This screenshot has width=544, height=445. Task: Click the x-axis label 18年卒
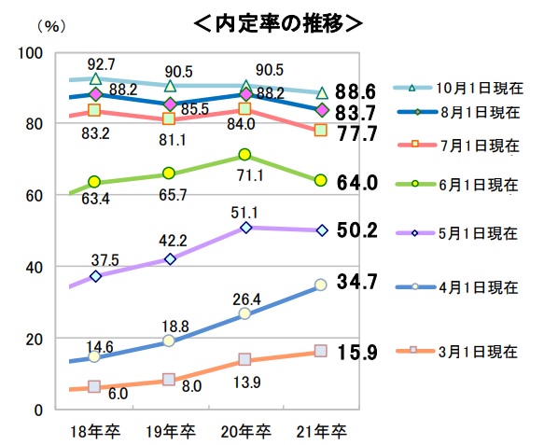pos(95,430)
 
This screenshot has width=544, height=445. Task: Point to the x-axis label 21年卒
pos(322,430)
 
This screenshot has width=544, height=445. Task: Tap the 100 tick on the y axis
pos(32,53)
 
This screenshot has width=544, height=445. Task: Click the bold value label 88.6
pos(356,91)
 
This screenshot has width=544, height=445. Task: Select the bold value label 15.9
pos(356,355)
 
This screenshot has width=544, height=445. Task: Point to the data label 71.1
pos(246,174)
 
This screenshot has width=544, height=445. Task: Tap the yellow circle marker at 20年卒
pos(245,155)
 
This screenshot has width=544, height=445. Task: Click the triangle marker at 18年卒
pos(94,79)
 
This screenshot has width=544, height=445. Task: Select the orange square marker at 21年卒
pos(321,130)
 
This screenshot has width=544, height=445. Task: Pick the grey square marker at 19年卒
pos(170,380)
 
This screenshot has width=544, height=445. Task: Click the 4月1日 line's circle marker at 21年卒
pos(321,285)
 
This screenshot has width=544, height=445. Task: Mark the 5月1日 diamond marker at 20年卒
pos(245,228)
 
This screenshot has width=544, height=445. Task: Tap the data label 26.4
pos(246,298)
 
